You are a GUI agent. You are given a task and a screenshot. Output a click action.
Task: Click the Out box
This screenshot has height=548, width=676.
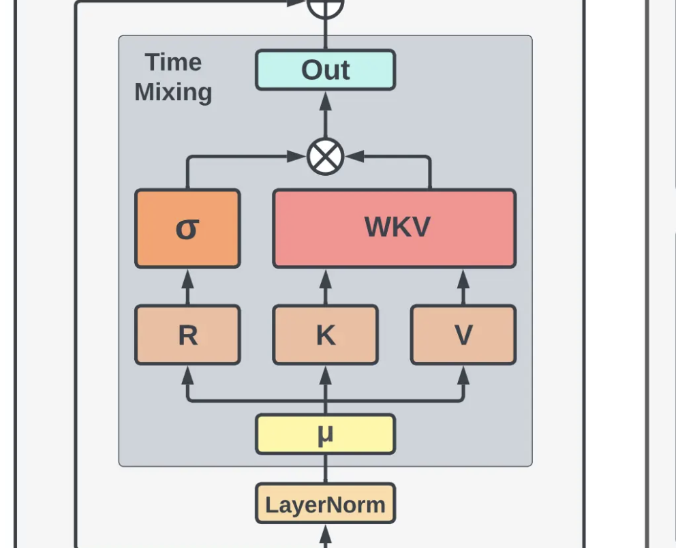click(x=325, y=70)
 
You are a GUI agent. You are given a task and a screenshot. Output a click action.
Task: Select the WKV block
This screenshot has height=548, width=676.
click(x=394, y=228)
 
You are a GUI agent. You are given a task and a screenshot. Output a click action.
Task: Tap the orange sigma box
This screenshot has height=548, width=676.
click(x=187, y=228)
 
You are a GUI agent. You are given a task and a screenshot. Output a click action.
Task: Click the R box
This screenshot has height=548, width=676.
click(x=187, y=335)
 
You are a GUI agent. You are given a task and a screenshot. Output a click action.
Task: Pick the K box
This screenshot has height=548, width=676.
click(x=325, y=335)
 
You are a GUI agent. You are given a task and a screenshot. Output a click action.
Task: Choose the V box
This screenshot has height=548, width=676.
click(x=463, y=335)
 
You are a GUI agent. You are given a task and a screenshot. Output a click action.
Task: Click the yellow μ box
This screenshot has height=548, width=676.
click(x=325, y=434)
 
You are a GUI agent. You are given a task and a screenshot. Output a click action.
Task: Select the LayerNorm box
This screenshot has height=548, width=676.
click(x=325, y=504)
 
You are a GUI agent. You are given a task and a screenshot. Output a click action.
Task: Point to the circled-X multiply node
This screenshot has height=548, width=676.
click(x=325, y=157)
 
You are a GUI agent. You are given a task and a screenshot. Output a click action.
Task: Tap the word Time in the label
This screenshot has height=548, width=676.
click(x=173, y=63)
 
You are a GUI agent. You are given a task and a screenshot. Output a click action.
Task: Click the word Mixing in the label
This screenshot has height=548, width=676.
click(x=173, y=92)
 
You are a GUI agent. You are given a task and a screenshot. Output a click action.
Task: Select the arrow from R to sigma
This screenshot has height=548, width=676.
click(x=187, y=287)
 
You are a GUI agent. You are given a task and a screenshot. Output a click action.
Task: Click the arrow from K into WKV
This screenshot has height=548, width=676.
click(x=325, y=287)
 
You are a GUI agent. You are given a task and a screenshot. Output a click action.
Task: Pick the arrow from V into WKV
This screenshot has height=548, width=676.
click(x=463, y=287)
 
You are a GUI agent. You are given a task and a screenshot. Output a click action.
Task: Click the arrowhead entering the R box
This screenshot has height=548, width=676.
click(x=187, y=373)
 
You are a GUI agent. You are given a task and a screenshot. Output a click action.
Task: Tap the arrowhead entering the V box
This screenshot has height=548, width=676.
click(x=463, y=373)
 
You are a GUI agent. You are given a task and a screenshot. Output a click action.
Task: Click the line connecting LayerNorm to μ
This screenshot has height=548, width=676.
click(x=325, y=469)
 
